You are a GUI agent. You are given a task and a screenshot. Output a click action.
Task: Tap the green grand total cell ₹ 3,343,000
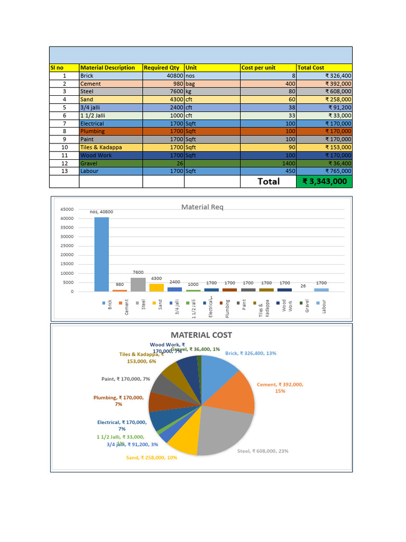click(324, 182)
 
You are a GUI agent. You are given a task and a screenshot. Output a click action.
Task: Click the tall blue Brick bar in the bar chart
click(101, 254)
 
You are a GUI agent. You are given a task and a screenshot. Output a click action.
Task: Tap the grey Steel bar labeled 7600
click(138, 285)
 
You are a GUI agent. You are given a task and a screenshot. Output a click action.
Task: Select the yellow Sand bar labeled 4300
click(156, 287)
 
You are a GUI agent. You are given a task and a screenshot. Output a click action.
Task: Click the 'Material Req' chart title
click(202, 207)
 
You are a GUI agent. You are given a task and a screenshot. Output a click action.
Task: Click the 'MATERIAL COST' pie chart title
click(201, 335)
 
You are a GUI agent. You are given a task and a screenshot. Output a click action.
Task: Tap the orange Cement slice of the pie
click(235, 392)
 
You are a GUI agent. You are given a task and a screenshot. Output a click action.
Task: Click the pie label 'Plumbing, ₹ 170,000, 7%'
click(118, 401)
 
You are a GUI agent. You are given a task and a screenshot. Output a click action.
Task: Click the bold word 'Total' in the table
click(269, 182)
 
